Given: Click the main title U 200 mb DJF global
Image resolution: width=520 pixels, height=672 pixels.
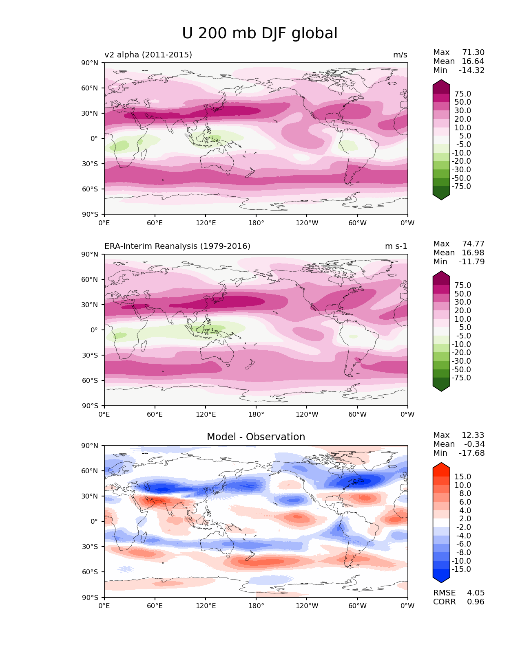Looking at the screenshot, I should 259,33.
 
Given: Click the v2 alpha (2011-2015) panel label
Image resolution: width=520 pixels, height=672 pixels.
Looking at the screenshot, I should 148,55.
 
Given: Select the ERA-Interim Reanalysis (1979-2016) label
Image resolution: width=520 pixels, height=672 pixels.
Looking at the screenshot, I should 177,246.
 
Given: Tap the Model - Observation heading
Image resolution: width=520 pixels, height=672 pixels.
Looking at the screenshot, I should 256,437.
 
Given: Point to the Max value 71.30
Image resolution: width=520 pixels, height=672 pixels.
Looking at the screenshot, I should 473,53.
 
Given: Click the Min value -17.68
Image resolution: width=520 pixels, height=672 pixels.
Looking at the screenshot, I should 472,453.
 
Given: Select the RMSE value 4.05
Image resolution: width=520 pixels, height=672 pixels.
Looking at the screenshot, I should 476,593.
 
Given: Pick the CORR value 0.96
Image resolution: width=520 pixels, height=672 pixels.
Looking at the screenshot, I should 476,602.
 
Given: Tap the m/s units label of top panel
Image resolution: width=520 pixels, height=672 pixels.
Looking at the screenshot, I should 400,55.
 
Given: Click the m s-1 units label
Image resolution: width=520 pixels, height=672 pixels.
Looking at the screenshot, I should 396,246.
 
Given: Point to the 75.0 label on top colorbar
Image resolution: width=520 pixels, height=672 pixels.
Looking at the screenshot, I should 462,94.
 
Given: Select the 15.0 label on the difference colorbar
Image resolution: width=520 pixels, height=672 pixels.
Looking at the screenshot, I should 462,477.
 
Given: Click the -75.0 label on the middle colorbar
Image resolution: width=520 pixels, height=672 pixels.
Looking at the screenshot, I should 461,378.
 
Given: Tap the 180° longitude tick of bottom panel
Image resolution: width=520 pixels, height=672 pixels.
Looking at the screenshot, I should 256,606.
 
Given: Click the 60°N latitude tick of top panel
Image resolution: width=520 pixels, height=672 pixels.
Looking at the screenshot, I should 90,88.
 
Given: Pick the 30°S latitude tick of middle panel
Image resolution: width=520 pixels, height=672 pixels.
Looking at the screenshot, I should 90,355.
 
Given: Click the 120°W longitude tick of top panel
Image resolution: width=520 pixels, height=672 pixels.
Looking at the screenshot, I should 307,223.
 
